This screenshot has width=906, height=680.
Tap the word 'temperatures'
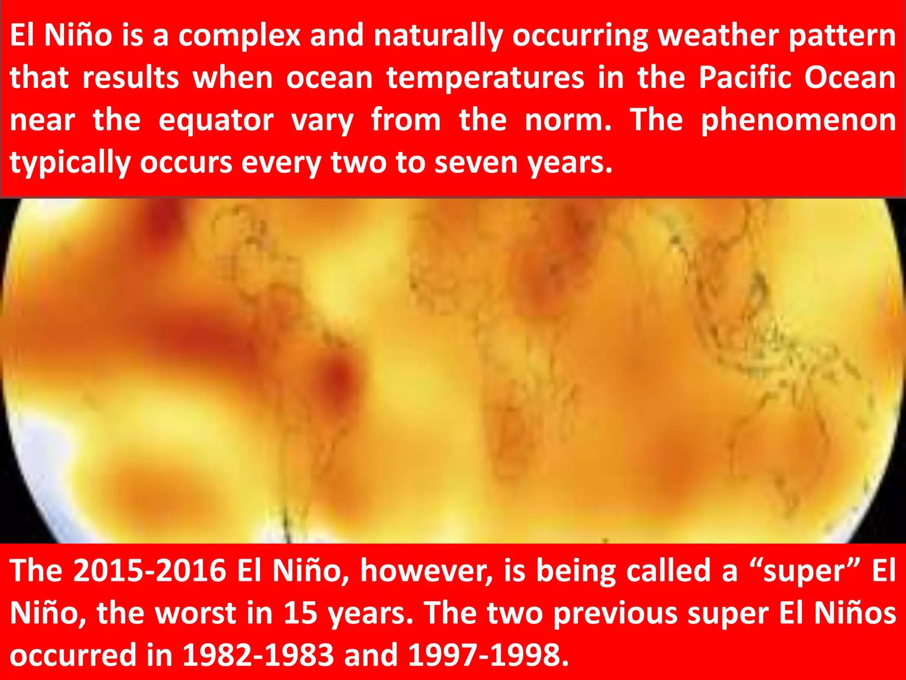tap(485, 78)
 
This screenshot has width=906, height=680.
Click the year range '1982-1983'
tap(258, 655)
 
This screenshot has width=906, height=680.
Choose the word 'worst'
tap(196, 613)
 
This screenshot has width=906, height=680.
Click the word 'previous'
tap(615, 614)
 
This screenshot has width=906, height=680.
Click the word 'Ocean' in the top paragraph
tap(850, 78)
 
